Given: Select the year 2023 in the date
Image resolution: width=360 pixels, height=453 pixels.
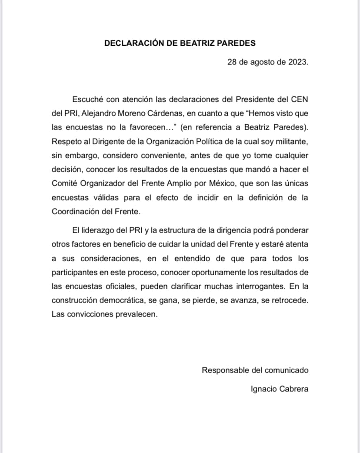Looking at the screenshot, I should [x=298, y=62].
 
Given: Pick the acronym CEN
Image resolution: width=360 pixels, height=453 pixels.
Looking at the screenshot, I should [x=300, y=99].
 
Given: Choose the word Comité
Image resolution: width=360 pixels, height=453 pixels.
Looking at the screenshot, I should [x=64, y=183].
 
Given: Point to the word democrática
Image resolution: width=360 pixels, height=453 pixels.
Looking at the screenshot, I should [x=113, y=300].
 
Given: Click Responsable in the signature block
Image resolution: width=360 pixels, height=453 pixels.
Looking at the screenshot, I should [x=226, y=370].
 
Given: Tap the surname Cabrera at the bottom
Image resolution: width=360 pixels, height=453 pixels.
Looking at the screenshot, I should [x=294, y=389].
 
